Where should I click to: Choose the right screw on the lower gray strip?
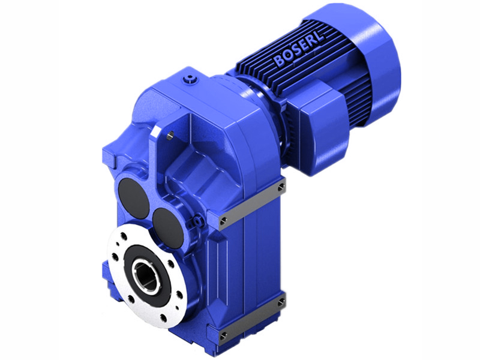click(281, 302)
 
